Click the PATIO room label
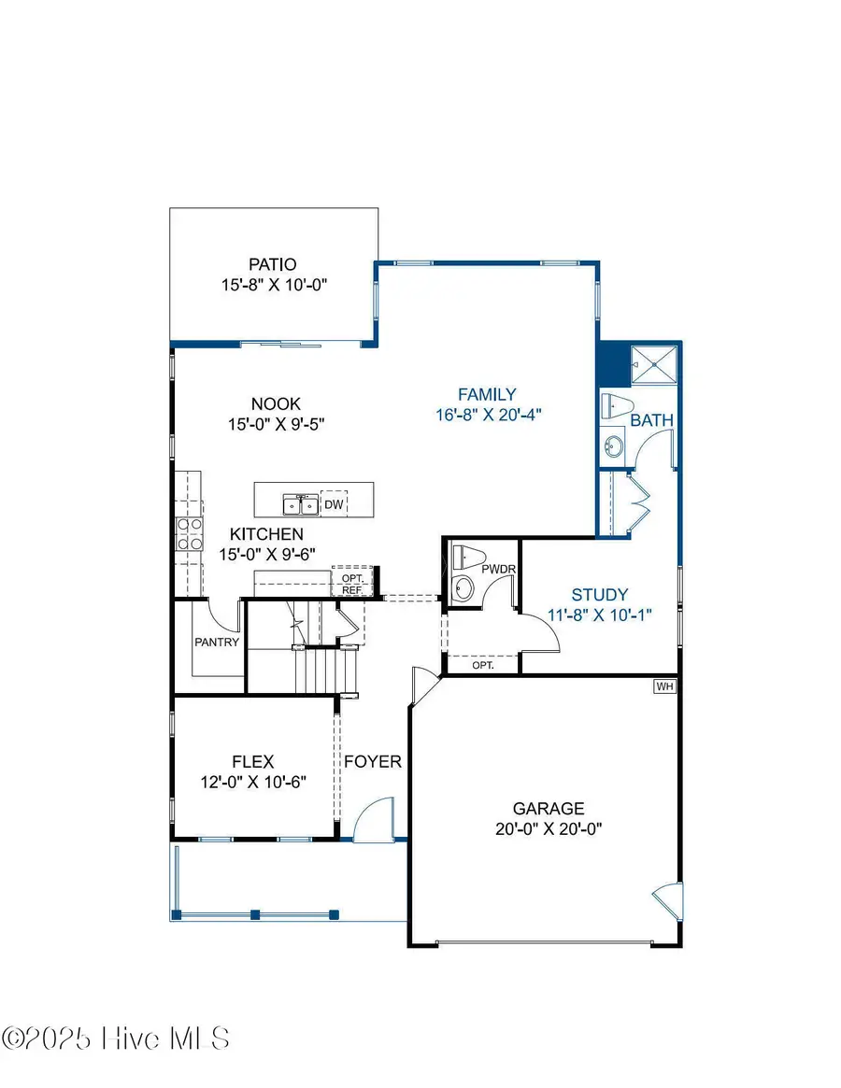pyautogui.click(x=273, y=264)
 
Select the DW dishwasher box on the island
pyautogui.click(x=334, y=504)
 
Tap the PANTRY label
pyautogui.click(x=217, y=643)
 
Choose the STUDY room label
pyautogui.click(x=600, y=595)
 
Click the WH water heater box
pyautogui.click(x=664, y=686)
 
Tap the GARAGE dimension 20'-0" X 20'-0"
pyautogui.click(x=549, y=827)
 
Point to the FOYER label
pyautogui.click(x=373, y=761)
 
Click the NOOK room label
pyautogui.click(x=276, y=404)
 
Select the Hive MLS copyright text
pyautogui.click(x=116, y=1039)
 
